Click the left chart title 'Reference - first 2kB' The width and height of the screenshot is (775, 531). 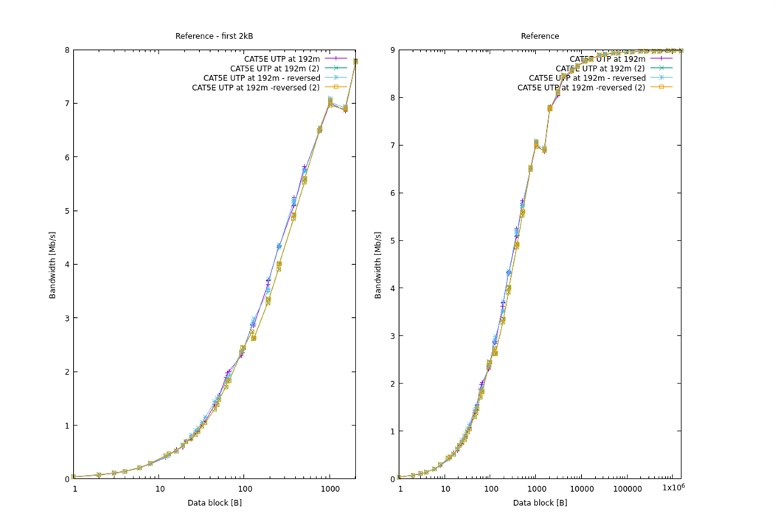(214, 36)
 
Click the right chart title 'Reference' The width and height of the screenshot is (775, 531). (540, 36)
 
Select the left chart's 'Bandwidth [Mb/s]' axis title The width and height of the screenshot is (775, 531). (52, 264)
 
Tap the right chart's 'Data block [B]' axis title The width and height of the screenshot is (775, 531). (540, 503)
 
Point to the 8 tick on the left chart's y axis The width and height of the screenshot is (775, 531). (66, 50)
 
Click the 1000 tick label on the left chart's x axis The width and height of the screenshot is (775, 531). (330, 489)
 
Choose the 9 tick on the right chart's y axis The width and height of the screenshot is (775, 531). (392, 50)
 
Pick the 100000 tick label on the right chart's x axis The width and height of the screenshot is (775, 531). (628, 489)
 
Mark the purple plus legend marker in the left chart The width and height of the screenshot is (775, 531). (336, 58)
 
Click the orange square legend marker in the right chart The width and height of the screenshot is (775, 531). (661, 87)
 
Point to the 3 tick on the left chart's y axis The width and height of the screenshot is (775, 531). (66, 318)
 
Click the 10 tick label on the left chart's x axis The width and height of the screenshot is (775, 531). (159, 489)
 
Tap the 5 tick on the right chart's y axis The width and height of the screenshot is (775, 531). (392, 240)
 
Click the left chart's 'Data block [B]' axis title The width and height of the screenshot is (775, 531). (214, 503)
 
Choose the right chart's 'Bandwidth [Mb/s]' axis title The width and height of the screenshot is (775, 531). (378, 264)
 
